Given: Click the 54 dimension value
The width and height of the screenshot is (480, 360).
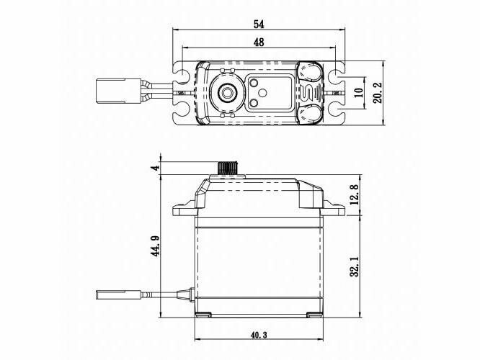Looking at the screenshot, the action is click(x=259, y=24).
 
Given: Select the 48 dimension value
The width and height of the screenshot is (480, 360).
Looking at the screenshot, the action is click(x=259, y=42).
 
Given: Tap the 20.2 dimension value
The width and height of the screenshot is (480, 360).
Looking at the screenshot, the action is click(x=378, y=93).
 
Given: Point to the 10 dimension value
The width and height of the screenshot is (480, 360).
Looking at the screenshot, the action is click(x=360, y=93).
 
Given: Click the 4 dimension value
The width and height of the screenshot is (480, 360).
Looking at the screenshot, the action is click(x=156, y=168).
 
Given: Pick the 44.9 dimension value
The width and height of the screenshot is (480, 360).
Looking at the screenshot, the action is click(x=156, y=246).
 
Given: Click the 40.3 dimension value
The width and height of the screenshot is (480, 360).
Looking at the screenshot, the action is click(x=259, y=336).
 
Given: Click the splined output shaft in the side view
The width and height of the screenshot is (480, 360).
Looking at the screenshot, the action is click(x=228, y=168).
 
